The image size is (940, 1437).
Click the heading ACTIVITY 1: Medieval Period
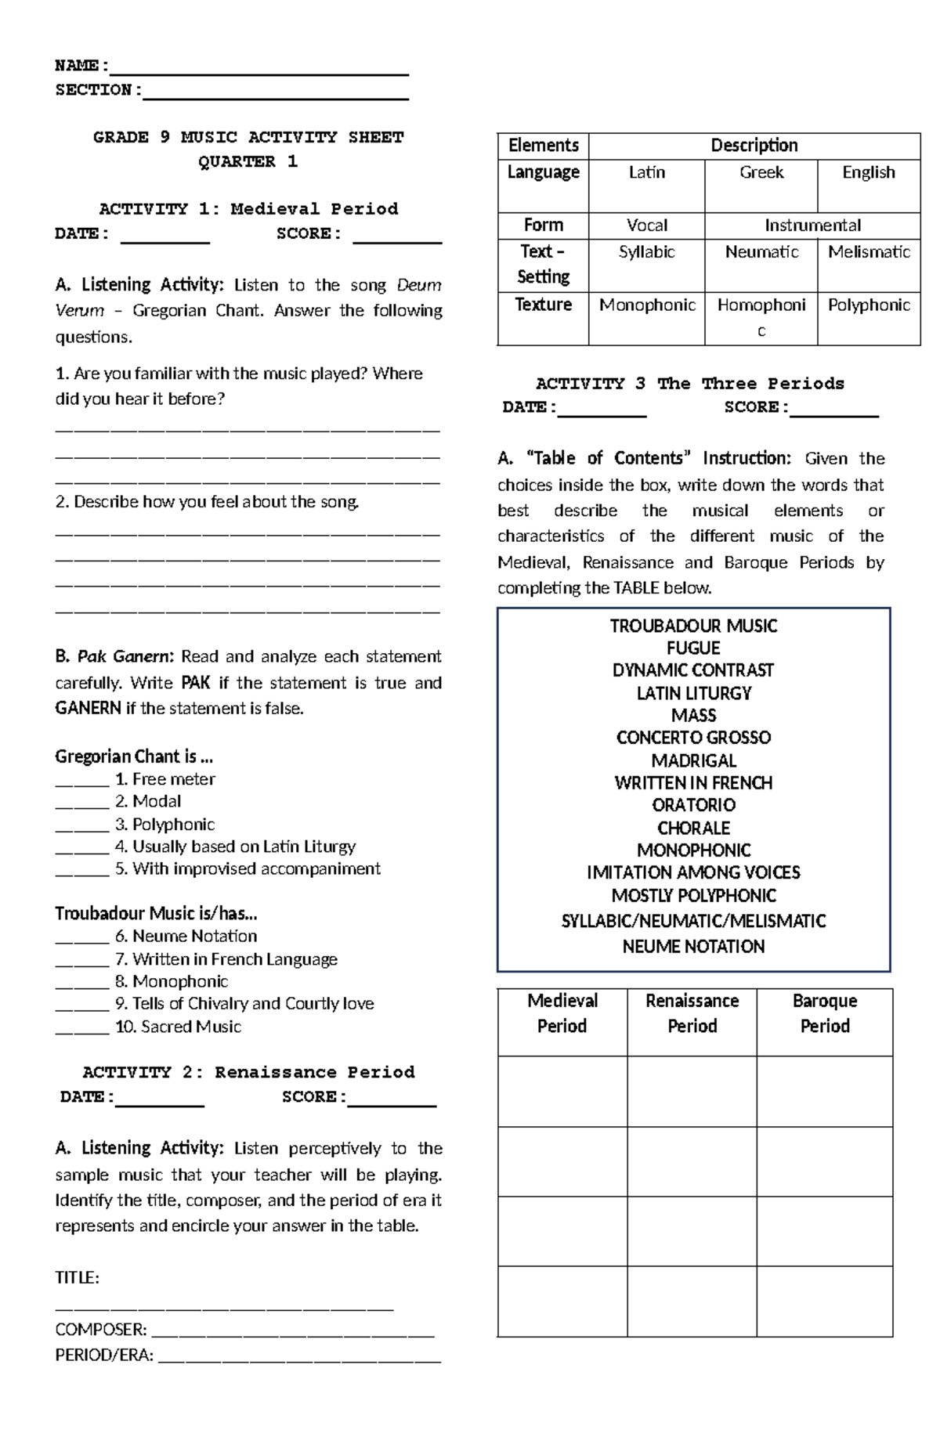[248, 209]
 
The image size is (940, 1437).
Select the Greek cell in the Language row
[761, 173]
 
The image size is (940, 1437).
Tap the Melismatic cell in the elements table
[869, 253]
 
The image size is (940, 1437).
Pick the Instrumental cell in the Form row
[812, 226]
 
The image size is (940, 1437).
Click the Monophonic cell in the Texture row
[647, 305]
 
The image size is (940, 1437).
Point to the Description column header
[754, 146]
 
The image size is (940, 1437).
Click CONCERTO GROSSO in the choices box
[693, 738]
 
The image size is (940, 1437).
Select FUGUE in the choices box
[693, 648]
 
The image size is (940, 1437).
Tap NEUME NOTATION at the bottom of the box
[693, 947]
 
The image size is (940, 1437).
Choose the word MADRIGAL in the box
[693, 760]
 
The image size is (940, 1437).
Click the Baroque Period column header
[824, 1013]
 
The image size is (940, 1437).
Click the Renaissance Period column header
[692, 1013]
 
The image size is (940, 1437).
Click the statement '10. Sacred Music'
[178, 1027]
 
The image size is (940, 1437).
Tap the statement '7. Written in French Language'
[226, 959]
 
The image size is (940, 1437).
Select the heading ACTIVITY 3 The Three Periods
[689, 384]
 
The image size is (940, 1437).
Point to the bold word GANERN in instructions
[88, 709]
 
